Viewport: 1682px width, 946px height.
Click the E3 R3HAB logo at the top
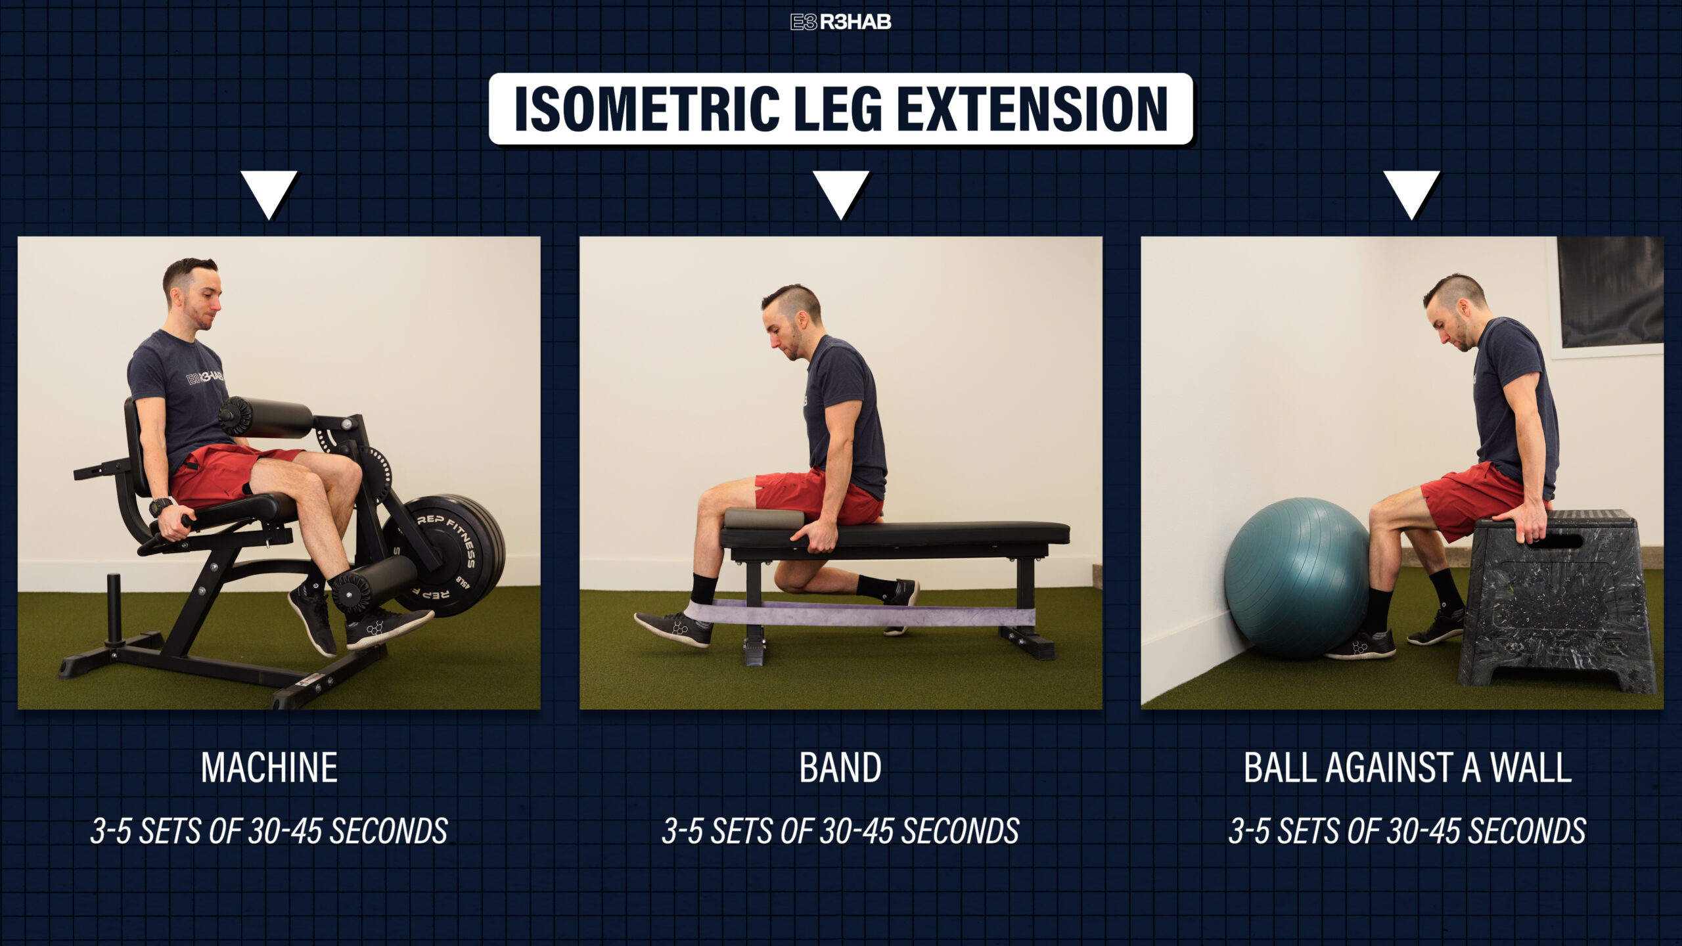click(840, 22)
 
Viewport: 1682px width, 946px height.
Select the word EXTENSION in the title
click(1032, 109)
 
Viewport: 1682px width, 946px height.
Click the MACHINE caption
click(269, 767)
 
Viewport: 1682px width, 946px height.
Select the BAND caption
click(840, 767)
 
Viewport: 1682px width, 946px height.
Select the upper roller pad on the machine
click(267, 417)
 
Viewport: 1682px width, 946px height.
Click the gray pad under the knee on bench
click(763, 518)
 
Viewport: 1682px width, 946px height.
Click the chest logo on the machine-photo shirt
click(204, 377)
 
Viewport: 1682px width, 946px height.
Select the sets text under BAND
click(840, 830)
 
